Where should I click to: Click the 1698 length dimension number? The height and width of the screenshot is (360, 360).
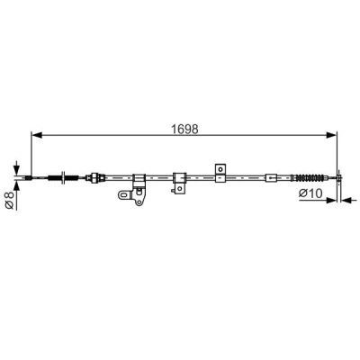coord(184,129)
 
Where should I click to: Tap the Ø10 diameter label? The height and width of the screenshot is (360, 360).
coord(310,193)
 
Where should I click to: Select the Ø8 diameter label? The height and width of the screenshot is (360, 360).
coord(10,200)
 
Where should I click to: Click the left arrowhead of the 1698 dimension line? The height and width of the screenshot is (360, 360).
coord(37,135)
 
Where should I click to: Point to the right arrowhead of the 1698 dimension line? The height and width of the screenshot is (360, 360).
coord(331,135)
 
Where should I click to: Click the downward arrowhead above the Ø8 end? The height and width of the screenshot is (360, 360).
coord(16,169)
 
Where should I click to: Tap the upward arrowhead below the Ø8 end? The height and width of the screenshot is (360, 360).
coord(16,186)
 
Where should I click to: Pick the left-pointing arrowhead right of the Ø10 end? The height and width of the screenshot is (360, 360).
coord(346,200)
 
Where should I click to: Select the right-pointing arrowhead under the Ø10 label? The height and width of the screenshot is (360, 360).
coord(331,200)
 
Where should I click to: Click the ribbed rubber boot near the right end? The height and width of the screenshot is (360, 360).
coord(309,178)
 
